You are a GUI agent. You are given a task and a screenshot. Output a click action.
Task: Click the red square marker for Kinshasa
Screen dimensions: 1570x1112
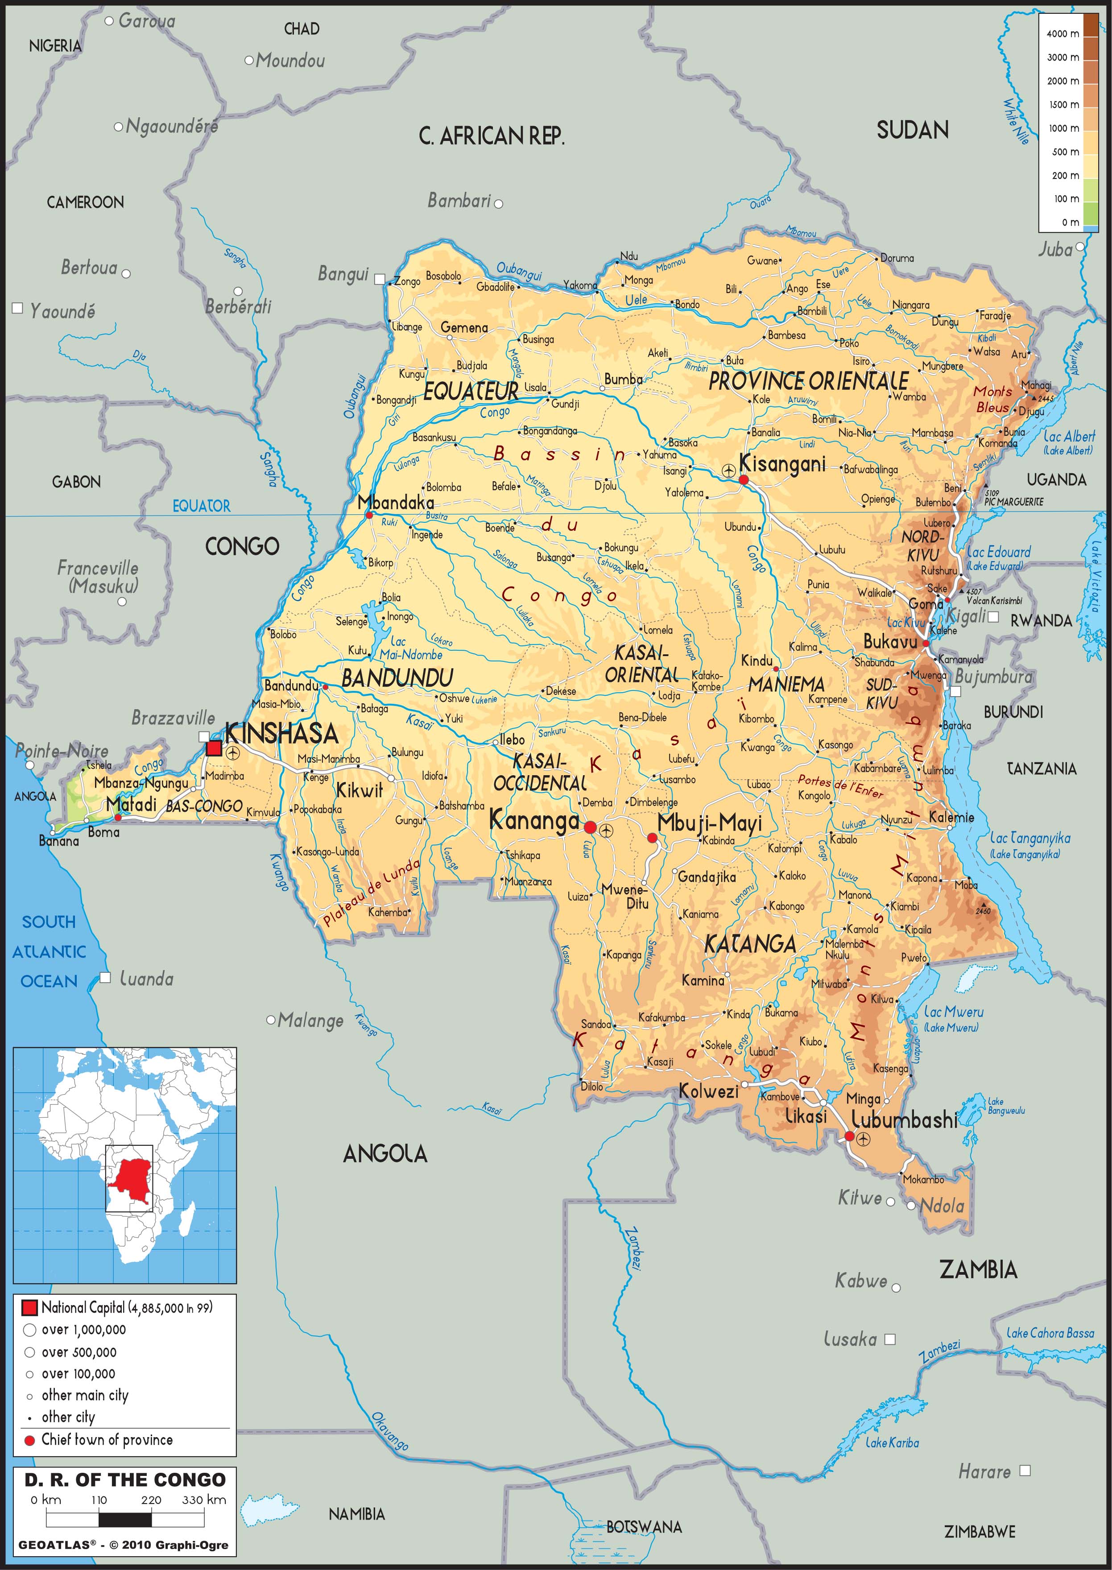point(214,748)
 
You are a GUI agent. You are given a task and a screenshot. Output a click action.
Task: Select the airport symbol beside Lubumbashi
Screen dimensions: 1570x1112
point(864,1139)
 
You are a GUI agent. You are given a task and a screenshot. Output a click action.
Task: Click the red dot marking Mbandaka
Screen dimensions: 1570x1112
point(369,515)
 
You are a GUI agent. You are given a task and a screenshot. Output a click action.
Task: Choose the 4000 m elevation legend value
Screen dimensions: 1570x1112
point(1062,33)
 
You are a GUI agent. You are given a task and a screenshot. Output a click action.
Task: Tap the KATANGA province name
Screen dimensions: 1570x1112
point(750,945)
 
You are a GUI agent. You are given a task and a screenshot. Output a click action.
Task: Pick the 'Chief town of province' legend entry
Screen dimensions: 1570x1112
point(106,1439)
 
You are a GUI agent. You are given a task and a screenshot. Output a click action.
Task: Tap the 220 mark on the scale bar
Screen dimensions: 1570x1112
point(151,1500)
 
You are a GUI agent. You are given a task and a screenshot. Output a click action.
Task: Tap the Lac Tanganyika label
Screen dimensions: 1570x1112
point(1030,838)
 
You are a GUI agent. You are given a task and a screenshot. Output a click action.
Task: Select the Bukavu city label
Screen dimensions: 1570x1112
point(889,641)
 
